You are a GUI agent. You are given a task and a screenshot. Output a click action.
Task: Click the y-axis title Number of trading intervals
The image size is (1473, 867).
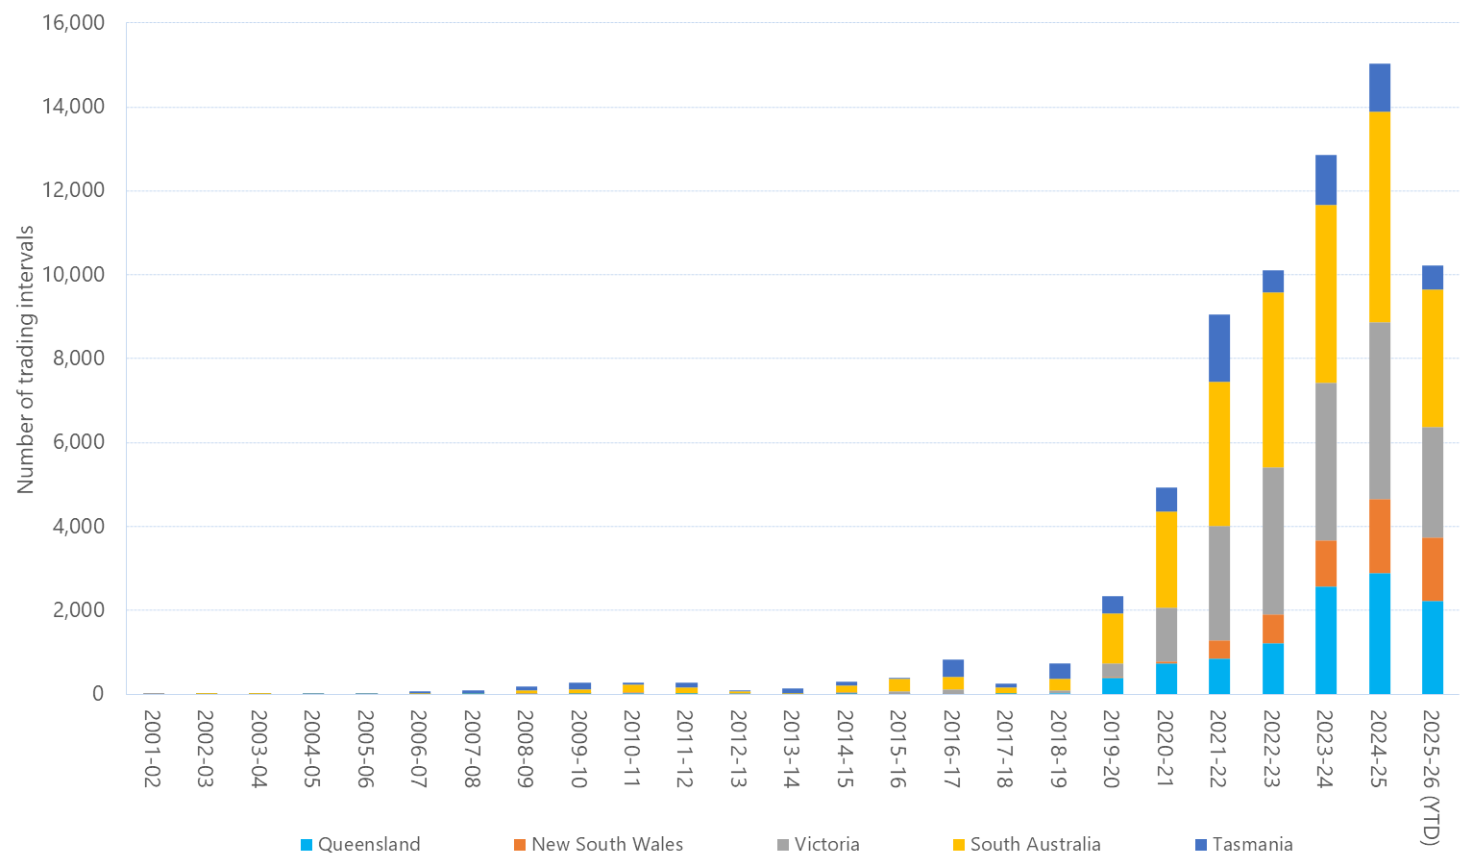pos(26,359)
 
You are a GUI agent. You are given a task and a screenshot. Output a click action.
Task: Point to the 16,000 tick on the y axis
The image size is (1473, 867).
pos(73,23)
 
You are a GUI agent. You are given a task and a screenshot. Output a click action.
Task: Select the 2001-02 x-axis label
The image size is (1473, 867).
pos(152,749)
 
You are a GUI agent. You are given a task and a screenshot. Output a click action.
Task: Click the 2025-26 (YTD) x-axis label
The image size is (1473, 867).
pos(1432,777)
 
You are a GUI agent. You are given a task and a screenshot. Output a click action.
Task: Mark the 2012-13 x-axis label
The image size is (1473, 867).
pos(739,749)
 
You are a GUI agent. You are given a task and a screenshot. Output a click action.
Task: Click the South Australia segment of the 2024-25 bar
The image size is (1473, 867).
pos(1379,216)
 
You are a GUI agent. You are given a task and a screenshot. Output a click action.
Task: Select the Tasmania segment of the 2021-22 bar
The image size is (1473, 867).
pos(1218,348)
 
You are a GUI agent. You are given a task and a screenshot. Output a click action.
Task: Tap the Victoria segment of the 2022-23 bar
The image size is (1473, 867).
pos(1272,540)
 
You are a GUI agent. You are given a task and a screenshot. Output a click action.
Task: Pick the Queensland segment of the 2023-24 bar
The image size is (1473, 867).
pos(1325,639)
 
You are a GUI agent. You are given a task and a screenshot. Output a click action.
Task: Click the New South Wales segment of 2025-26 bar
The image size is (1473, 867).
pos(1432,569)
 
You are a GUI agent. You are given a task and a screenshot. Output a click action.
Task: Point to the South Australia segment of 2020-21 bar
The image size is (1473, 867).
pos(1166,559)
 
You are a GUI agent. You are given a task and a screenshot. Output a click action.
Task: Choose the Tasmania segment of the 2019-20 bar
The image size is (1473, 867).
pos(1112,605)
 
